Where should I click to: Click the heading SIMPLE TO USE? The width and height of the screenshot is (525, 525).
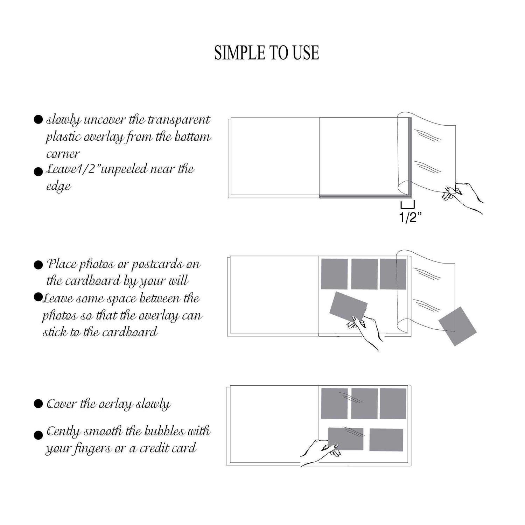coord(266,53)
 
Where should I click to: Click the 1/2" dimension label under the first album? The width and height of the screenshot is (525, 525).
coord(410,218)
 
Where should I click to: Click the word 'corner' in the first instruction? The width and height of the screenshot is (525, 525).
coord(63,154)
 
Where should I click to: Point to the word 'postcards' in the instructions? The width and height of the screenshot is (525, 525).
coord(156,264)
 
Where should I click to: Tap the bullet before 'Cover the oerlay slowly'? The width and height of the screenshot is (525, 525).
coord(38,404)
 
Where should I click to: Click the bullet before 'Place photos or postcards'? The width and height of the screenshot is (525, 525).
coord(38,265)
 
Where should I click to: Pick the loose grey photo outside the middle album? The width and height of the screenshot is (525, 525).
coord(457,326)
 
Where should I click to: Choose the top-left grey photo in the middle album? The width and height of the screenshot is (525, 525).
coord(334,274)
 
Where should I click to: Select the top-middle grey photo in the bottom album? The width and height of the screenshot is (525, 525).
coord(364,404)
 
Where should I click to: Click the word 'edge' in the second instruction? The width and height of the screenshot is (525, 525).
coord(58,186)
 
